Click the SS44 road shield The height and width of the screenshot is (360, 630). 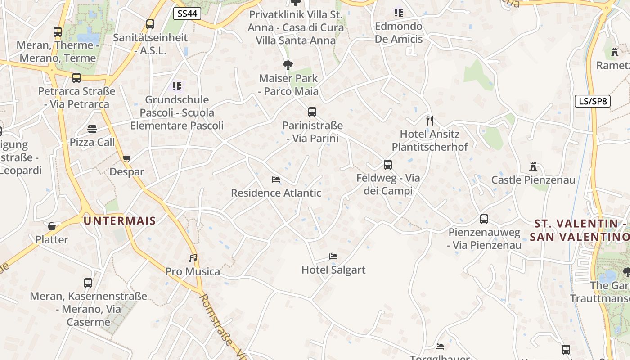coord(187,13)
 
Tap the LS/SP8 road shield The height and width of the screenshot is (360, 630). coord(593,101)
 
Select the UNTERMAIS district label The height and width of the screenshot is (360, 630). coord(120,221)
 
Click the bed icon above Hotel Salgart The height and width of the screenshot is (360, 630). coord(333,256)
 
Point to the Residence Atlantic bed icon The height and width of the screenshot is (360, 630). coord(276,180)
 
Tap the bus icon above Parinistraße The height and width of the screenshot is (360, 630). coord(312,112)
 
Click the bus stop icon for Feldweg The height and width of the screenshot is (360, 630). coord(388,165)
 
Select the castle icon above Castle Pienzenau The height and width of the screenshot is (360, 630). coord(533,166)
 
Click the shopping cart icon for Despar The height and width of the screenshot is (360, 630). coord(126,158)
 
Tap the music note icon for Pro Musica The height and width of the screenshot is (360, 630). coord(193,258)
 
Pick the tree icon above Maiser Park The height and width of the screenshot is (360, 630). coord(288,65)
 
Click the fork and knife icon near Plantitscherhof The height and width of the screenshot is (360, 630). coord(430,121)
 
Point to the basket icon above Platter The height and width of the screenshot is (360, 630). coord(52,226)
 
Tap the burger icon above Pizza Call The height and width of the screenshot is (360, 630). coord(92,129)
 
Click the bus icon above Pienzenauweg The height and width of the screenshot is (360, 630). coord(484,219)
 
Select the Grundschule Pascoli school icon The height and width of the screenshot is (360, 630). coord(177,86)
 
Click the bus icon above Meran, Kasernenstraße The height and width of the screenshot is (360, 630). coord(88,283)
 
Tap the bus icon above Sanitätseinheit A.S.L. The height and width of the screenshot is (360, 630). coord(150,24)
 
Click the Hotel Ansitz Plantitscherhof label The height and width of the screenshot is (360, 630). coord(430,140)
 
